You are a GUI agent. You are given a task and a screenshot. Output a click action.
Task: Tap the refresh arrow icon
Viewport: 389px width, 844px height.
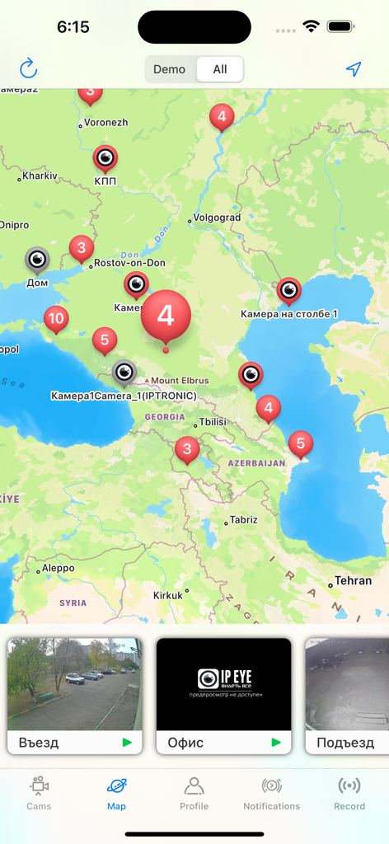click(29, 69)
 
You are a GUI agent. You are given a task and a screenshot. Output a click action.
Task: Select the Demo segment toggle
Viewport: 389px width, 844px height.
click(170, 69)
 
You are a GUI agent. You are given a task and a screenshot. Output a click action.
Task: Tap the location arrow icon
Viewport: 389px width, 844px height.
click(354, 69)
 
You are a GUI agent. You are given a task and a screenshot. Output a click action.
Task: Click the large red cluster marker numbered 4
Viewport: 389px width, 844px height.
click(166, 316)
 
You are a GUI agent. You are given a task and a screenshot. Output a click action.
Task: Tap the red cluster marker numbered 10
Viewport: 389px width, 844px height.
click(56, 318)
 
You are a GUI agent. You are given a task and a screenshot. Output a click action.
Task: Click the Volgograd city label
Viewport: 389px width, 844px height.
click(216, 218)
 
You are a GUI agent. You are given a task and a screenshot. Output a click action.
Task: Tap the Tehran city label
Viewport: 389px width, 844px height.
click(354, 580)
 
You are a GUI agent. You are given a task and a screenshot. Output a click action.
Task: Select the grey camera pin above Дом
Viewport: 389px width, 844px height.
click(37, 260)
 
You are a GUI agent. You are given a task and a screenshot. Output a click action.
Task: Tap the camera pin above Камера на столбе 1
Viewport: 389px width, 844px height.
click(288, 289)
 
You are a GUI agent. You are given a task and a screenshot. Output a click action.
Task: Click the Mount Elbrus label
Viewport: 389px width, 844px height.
click(180, 381)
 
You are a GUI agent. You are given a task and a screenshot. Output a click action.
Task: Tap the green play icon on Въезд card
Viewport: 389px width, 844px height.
click(127, 743)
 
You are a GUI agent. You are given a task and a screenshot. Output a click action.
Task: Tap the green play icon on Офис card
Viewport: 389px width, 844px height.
click(276, 743)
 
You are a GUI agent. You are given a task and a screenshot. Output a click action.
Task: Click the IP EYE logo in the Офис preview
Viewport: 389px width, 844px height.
click(223, 678)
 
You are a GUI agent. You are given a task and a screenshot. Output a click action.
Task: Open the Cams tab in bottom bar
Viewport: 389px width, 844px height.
click(39, 793)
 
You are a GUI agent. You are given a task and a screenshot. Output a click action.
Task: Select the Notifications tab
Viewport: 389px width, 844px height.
click(271, 793)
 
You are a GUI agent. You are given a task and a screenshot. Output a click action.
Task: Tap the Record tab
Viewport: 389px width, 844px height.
click(349, 793)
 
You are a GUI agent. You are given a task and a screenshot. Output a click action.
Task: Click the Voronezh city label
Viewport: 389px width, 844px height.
click(105, 123)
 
